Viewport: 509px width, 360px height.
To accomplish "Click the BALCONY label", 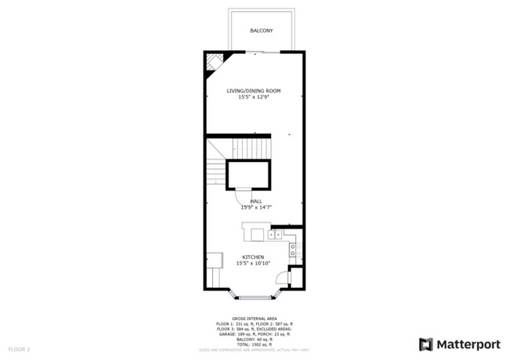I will (262, 31).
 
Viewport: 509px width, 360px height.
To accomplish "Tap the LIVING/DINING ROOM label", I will (254, 91).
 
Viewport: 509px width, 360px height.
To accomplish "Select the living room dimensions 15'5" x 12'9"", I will (254, 97).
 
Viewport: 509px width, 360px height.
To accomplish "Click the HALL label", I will (255, 202).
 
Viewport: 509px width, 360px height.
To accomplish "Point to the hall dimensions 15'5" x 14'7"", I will (255, 208).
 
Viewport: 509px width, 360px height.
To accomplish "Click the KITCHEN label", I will (252, 257).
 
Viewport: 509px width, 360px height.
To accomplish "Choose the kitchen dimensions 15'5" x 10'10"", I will (252, 263).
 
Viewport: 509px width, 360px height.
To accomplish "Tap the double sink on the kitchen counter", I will (275, 234).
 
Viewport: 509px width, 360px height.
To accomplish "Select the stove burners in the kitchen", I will (293, 250).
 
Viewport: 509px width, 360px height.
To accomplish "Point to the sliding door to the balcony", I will (262, 52).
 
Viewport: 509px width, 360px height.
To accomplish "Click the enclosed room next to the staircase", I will (248, 175).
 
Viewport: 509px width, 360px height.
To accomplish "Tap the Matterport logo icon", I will (426, 344).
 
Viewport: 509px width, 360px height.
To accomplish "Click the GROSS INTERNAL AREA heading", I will (254, 319).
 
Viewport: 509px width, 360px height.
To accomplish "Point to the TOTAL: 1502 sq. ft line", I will (254, 344).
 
